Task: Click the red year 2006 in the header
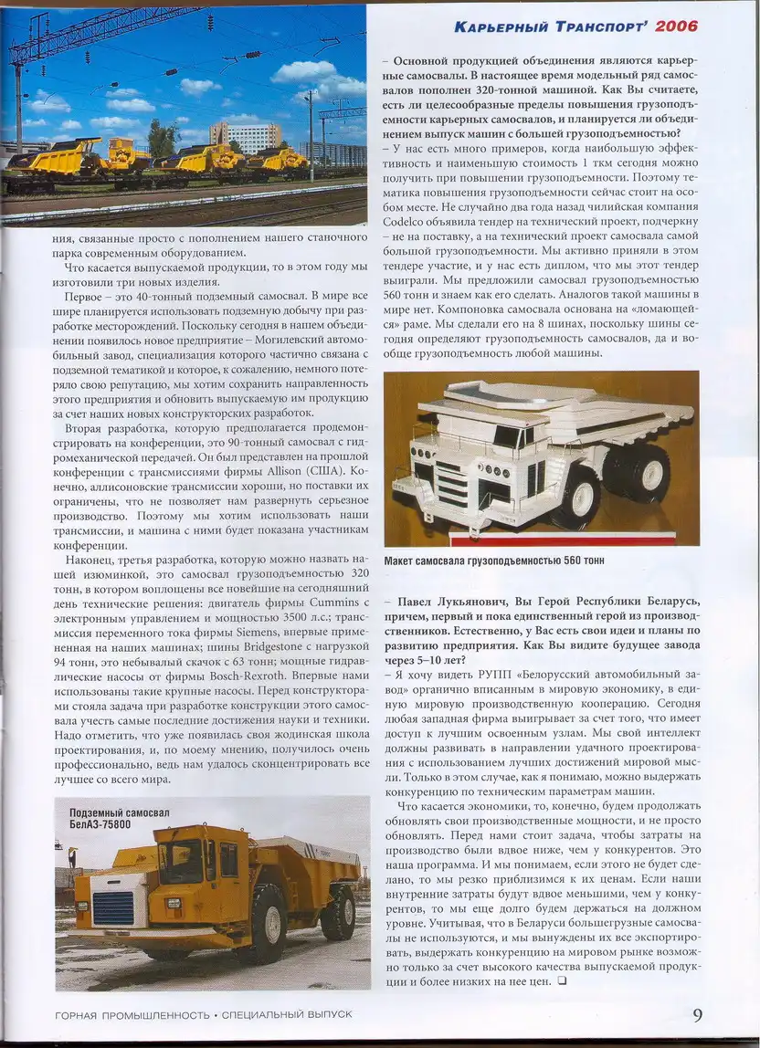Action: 677,26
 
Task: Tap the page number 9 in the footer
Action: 697,1015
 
